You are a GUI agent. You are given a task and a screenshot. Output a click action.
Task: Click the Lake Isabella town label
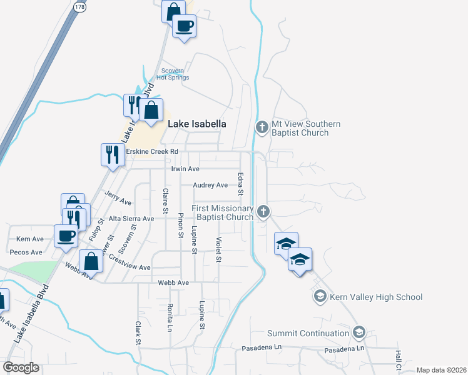click(196, 124)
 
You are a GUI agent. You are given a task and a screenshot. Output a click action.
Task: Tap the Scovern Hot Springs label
click(175, 74)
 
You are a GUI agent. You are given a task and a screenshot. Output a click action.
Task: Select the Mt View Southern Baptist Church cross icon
click(262, 127)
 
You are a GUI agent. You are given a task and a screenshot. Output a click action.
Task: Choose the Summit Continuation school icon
click(359, 332)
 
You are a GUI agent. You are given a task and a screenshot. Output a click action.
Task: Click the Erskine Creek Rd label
click(152, 151)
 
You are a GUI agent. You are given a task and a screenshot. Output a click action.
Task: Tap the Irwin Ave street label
click(185, 169)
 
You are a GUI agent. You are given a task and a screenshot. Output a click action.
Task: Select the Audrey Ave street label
click(210, 185)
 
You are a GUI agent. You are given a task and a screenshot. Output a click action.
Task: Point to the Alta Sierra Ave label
click(131, 219)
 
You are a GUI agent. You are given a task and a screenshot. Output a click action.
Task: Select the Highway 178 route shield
click(79, 7)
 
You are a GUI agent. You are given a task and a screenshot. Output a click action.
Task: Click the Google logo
click(21, 367)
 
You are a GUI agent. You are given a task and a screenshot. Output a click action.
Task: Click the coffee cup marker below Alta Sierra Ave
click(66, 236)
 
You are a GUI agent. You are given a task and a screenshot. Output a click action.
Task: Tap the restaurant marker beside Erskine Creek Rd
click(111, 154)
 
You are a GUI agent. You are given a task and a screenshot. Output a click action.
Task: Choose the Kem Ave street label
click(30, 239)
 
